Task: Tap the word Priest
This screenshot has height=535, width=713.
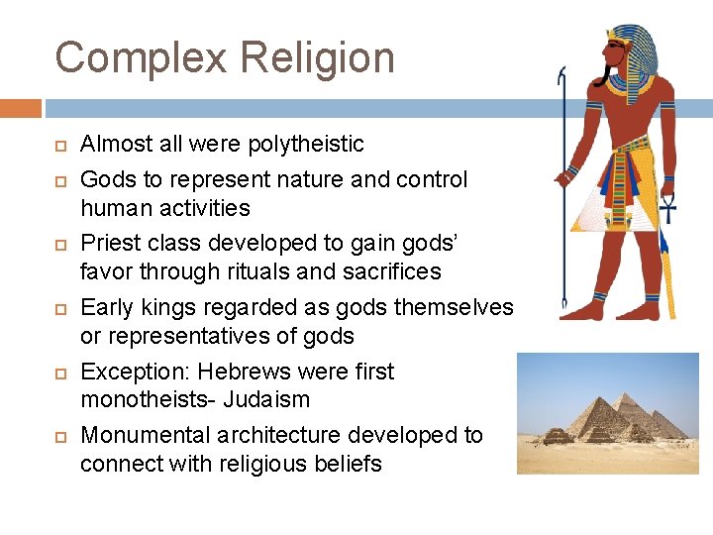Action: pyautogui.click(x=111, y=244)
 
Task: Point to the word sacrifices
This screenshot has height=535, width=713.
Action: pyautogui.click(x=393, y=271)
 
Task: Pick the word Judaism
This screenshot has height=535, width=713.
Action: pyautogui.click(x=268, y=400)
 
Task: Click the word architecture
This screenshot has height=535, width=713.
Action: pyautogui.click(x=298, y=436)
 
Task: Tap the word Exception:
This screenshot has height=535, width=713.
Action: pyautogui.click(x=135, y=373)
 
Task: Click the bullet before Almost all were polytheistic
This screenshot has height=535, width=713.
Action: pyautogui.click(x=59, y=146)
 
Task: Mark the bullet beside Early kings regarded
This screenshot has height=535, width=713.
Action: pyautogui.click(x=59, y=309)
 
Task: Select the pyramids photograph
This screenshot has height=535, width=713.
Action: pyautogui.click(x=607, y=413)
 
